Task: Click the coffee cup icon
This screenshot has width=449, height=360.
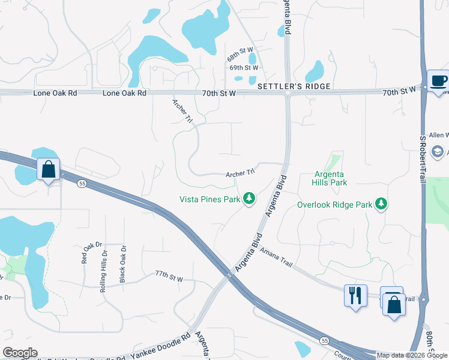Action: coord(438,81)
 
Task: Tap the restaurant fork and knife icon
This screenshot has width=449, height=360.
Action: coord(355,295)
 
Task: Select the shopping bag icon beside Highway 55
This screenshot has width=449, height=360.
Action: coord(49,169)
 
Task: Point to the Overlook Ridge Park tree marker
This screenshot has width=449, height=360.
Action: coord(381,205)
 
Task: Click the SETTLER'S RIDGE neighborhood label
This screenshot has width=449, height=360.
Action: coord(294,87)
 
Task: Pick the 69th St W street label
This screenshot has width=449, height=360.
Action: coord(244,68)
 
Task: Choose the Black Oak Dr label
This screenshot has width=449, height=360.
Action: coord(122,257)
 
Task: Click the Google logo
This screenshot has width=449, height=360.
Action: coord(20,353)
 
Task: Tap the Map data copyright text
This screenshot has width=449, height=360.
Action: coord(411,355)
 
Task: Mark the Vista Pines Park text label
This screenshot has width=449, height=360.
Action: coord(209,199)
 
